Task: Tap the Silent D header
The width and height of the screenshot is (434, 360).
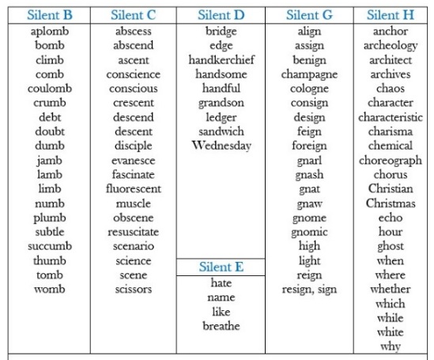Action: point(221,15)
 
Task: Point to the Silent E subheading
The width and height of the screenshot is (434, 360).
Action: point(221,267)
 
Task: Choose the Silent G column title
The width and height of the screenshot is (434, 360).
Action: point(309,15)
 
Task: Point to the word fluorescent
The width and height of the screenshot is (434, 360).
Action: point(133,189)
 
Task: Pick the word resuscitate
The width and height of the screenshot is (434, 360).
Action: point(133,232)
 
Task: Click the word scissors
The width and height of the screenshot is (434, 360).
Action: point(133,289)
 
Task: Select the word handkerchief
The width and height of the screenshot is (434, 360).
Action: point(221,60)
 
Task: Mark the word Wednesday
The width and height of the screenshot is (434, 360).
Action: point(221,146)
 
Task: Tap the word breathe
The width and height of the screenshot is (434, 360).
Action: point(221,326)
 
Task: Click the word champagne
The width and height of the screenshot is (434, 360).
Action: point(309,74)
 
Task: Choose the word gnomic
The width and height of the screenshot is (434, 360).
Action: point(309,232)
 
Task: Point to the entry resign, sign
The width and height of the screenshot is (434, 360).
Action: point(309,289)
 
